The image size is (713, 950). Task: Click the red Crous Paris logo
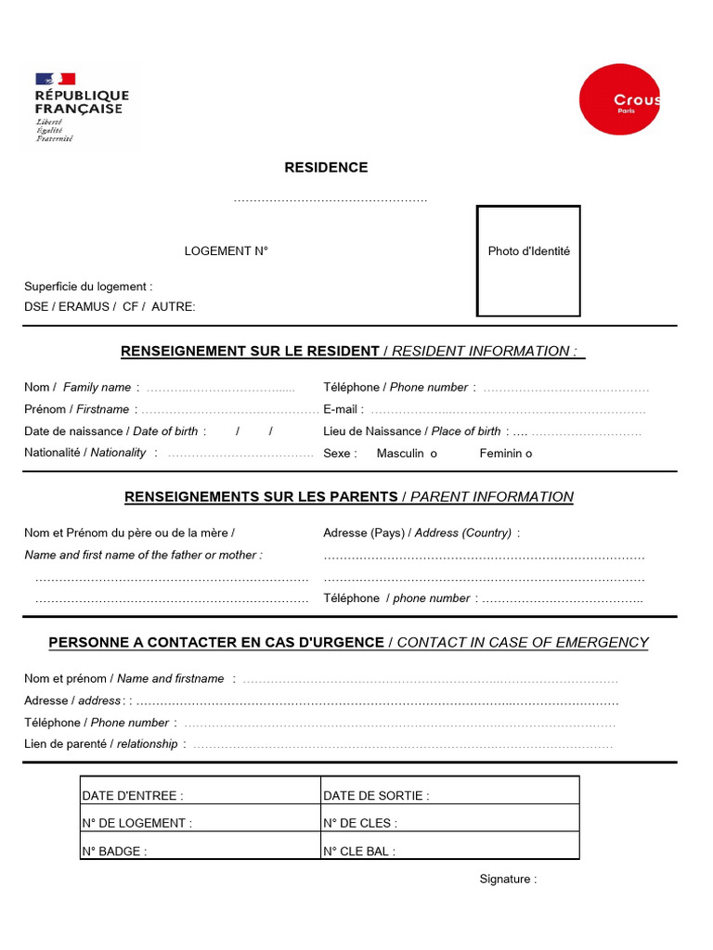tap(620, 99)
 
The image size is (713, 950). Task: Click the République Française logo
tap(82, 107)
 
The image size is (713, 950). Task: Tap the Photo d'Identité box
tap(528, 261)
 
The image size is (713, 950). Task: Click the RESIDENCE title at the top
tap(326, 168)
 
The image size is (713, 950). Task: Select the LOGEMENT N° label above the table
tap(226, 251)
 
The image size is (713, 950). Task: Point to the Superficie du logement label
tap(88, 287)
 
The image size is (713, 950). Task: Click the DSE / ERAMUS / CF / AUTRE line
tap(110, 307)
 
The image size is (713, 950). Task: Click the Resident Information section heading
tap(353, 352)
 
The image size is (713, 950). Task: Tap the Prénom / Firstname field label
tap(77, 409)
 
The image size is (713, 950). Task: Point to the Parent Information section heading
tap(349, 497)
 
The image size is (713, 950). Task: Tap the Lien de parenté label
tap(100, 744)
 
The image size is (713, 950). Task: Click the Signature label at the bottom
tap(508, 879)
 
